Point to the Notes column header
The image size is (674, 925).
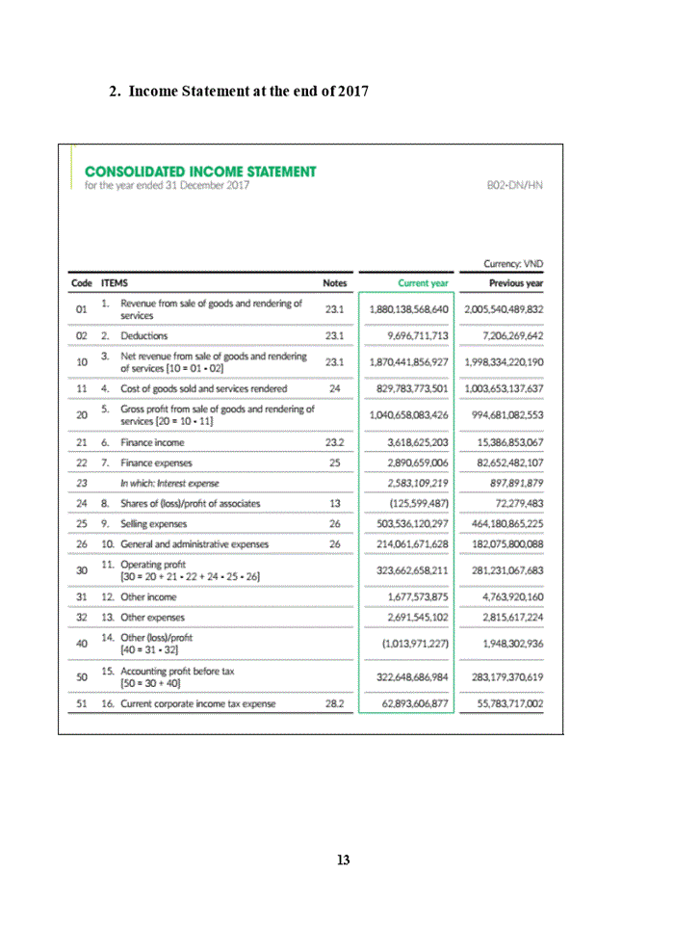(335, 283)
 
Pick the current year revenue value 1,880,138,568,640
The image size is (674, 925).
(409, 309)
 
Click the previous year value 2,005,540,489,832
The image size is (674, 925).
(503, 309)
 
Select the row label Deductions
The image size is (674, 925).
(144, 335)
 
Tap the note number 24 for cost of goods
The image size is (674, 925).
(335, 388)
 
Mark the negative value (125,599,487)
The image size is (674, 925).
(416, 503)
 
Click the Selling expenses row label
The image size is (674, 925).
(154, 523)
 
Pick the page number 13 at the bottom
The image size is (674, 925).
(343, 859)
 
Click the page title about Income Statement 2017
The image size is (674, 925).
(239, 92)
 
